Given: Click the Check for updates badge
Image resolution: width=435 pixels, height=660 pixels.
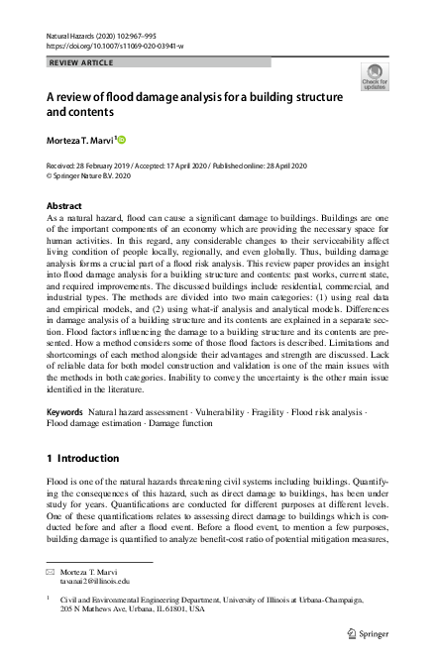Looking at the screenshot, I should point(375,76).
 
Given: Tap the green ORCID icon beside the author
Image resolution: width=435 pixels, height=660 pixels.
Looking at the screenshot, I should point(124,140).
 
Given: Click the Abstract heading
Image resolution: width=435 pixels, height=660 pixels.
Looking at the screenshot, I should point(65,205).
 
